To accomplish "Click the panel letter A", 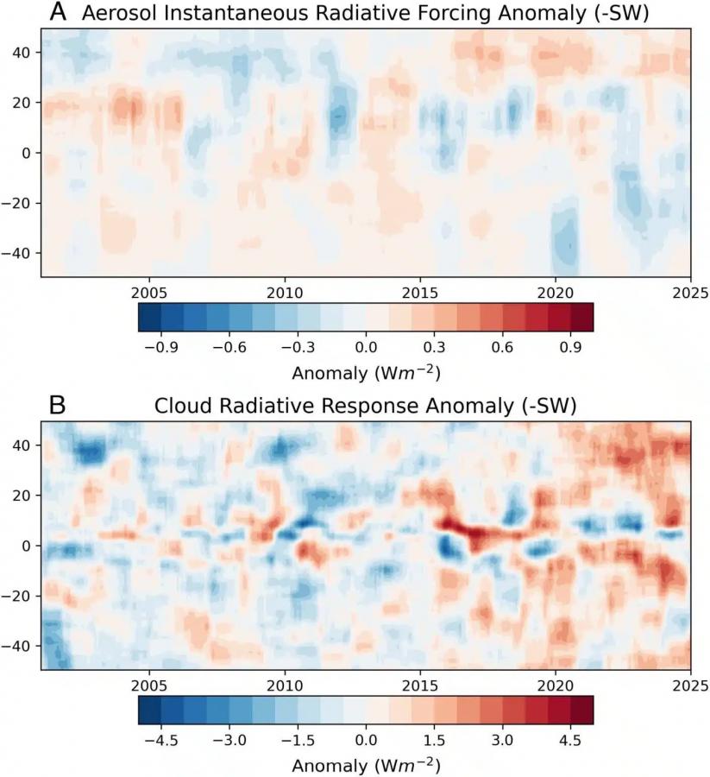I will [59, 12].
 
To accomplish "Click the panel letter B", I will [59, 404].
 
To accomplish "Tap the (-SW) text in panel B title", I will [548, 404].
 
